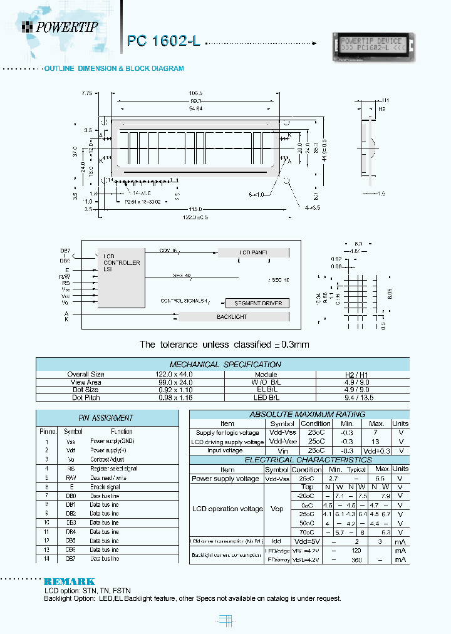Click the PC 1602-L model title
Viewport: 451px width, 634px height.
point(163,41)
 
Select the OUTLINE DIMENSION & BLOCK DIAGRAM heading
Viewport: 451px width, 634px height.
point(113,68)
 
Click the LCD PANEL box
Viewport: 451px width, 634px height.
point(253,252)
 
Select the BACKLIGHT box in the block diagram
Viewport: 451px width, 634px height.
point(231,317)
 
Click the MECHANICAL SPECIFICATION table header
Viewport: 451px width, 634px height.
point(225,365)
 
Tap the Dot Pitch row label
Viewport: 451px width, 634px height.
point(85,398)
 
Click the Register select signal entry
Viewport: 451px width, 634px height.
point(113,468)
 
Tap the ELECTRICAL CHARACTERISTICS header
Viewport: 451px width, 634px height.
point(299,460)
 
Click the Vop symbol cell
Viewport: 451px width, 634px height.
point(276,509)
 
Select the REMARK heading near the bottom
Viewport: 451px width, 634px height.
point(70,581)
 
